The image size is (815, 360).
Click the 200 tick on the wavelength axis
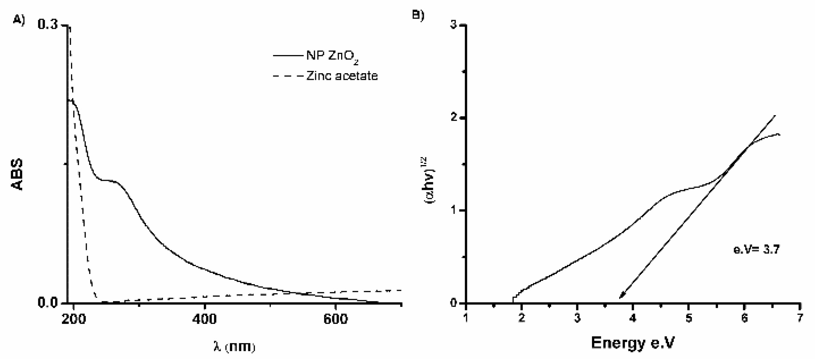coord(74,319)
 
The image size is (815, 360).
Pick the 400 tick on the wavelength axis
coord(204,319)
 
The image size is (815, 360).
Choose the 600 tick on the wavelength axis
coord(335,319)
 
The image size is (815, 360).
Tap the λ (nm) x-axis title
coord(234,347)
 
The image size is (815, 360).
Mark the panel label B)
coord(418,15)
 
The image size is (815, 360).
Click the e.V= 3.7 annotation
coord(756,250)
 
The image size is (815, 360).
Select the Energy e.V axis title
coord(633,343)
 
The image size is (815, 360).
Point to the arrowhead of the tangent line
coord(621,297)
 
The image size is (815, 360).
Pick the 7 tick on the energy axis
coord(800,318)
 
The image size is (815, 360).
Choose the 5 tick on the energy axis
coord(689,318)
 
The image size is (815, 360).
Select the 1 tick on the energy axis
coord(466,318)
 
